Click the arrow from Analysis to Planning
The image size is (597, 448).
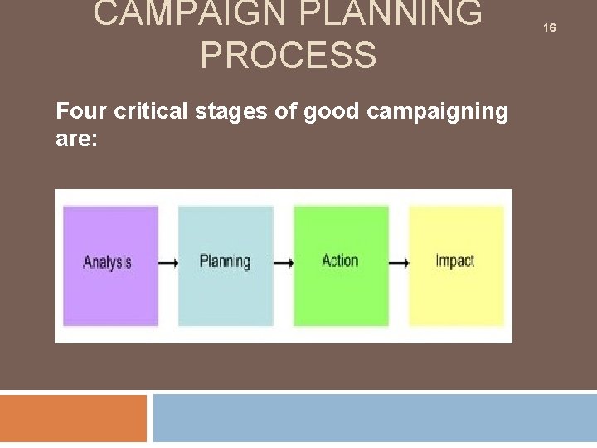(x=168, y=263)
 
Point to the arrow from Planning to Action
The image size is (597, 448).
(x=284, y=263)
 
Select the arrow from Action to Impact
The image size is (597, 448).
(x=399, y=263)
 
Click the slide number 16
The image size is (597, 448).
(x=549, y=28)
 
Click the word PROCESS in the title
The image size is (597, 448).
(x=288, y=56)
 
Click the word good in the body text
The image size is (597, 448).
(x=331, y=112)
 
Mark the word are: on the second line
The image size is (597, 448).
(x=76, y=139)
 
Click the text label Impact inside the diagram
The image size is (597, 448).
(x=454, y=261)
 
